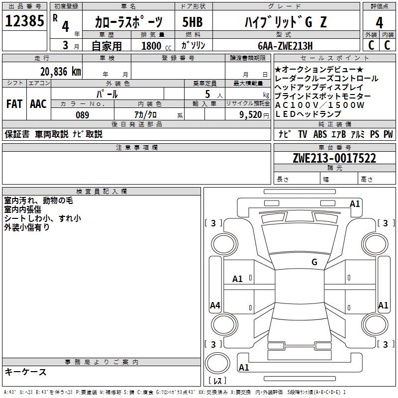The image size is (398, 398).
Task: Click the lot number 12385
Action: (x=24, y=21)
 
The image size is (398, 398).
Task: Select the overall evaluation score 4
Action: (x=379, y=22)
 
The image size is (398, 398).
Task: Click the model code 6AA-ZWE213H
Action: (x=285, y=46)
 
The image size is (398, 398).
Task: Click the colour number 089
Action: (x=82, y=115)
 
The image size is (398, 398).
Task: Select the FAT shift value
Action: (x=14, y=104)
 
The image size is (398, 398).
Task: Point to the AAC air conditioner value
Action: (x=38, y=104)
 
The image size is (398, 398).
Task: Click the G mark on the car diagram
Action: (x=314, y=262)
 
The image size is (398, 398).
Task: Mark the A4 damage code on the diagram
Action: (x=215, y=305)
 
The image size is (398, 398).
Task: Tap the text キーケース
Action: (x=25, y=372)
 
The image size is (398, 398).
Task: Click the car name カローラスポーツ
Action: (x=128, y=22)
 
